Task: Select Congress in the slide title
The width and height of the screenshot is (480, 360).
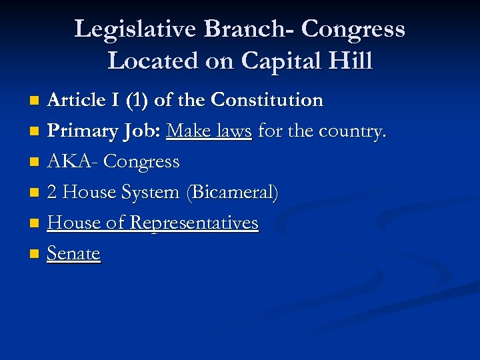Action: [353, 30]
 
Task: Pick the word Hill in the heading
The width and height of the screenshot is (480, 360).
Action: [352, 61]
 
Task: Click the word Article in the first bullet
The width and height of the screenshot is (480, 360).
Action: [74, 101]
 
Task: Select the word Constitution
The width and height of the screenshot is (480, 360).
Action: [267, 101]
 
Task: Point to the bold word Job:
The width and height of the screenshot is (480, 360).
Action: [140, 132]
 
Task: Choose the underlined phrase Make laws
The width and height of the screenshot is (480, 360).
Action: [209, 131]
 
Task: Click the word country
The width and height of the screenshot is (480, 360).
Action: [351, 132]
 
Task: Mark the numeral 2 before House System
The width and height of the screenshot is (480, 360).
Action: [52, 193]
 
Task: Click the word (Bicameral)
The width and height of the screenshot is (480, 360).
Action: [233, 193]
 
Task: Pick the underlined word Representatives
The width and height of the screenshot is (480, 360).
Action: [194, 223]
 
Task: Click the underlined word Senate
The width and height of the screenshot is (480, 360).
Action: [73, 254]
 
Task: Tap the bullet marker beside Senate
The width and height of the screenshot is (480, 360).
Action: [35, 254]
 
